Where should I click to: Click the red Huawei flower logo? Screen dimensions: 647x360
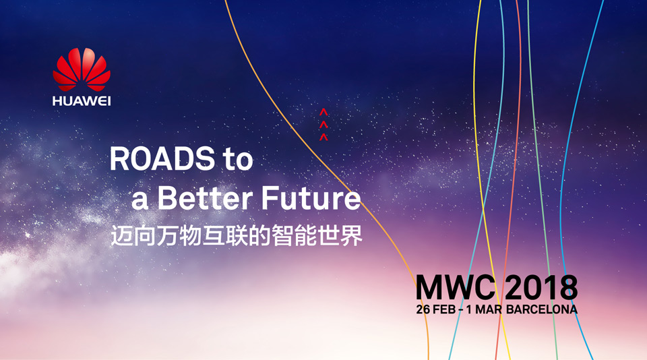coord(82,69)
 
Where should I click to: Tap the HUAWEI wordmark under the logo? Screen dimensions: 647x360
coord(82,101)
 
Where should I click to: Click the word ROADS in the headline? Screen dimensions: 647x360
coord(162,159)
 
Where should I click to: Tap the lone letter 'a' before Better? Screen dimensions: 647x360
coord(140,202)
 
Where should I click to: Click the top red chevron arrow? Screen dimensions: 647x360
coord(323,112)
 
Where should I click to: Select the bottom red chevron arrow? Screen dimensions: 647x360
coord(323,137)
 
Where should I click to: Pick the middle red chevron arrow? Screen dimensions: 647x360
coord(323,124)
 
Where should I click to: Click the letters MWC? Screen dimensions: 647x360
coord(455,287)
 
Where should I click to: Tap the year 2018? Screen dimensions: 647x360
coord(541,287)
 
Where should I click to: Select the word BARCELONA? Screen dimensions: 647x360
coord(541,309)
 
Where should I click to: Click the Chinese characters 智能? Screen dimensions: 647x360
coord(293,235)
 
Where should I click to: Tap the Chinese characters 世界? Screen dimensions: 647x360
coord(340,235)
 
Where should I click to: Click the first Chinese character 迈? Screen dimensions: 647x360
coord(121,235)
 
